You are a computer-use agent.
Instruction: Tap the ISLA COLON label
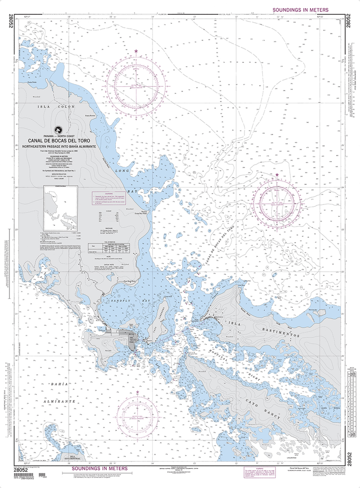(57, 107)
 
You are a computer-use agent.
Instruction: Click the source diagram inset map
(61, 208)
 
